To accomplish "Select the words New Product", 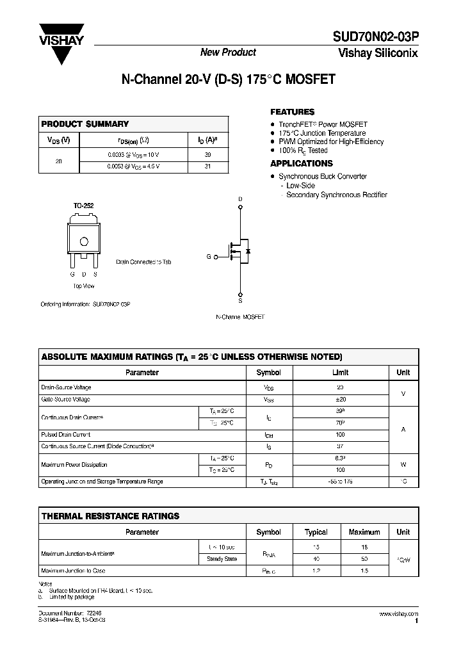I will tap(228, 53).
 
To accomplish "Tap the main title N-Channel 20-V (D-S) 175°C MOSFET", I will tap(228, 81).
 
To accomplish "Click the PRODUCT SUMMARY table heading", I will tap(85, 124).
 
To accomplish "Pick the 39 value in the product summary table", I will tap(208, 154).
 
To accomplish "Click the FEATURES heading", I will tap(293, 111).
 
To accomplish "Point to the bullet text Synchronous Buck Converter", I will tap(323, 176).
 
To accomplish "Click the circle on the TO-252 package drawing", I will tap(83, 241).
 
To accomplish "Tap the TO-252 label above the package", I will tap(83, 206).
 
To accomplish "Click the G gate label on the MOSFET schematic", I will tap(208, 256).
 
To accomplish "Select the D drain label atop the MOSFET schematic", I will tap(241, 200).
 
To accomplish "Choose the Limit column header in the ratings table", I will tap(341, 372).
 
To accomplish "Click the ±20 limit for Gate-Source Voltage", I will tap(341, 399).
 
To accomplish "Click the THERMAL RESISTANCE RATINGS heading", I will tap(110, 515).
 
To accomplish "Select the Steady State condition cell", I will tap(222, 558).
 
